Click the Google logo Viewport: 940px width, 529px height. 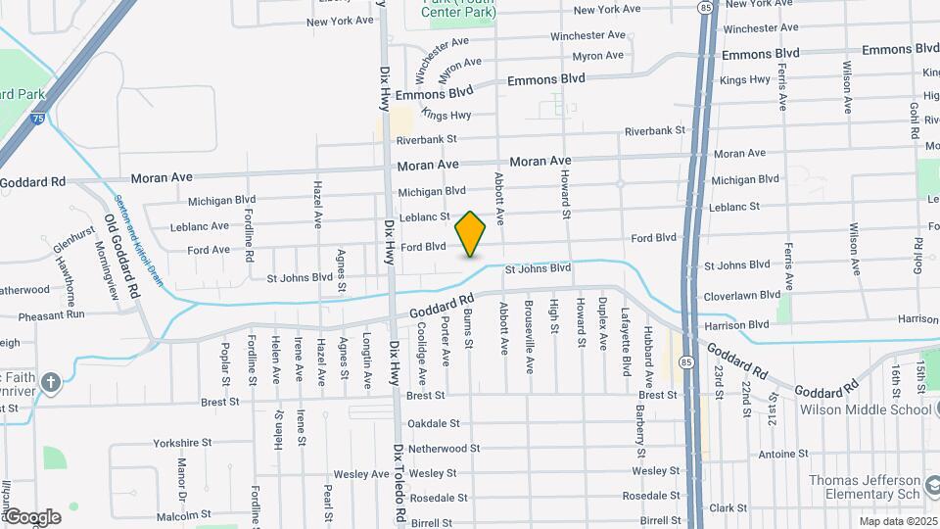click(x=32, y=516)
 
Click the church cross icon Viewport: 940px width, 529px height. click(x=52, y=381)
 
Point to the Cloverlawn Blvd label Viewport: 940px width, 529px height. click(x=742, y=295)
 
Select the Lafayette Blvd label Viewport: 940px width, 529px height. click(x=625, y=338)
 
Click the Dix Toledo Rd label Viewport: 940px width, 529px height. click(x=399, y=483)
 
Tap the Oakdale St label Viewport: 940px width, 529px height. click(x=434, y=423)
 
